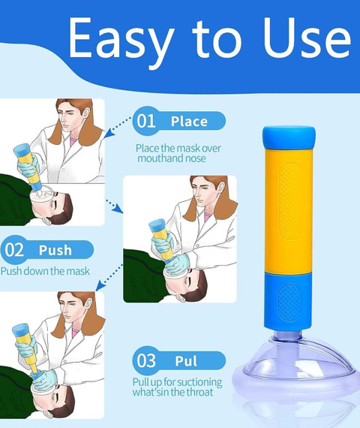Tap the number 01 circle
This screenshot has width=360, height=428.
click(147, 121)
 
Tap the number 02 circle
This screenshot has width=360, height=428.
click(15, 250)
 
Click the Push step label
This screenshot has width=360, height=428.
click(55, 250)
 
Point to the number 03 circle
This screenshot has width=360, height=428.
click(147, 361)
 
